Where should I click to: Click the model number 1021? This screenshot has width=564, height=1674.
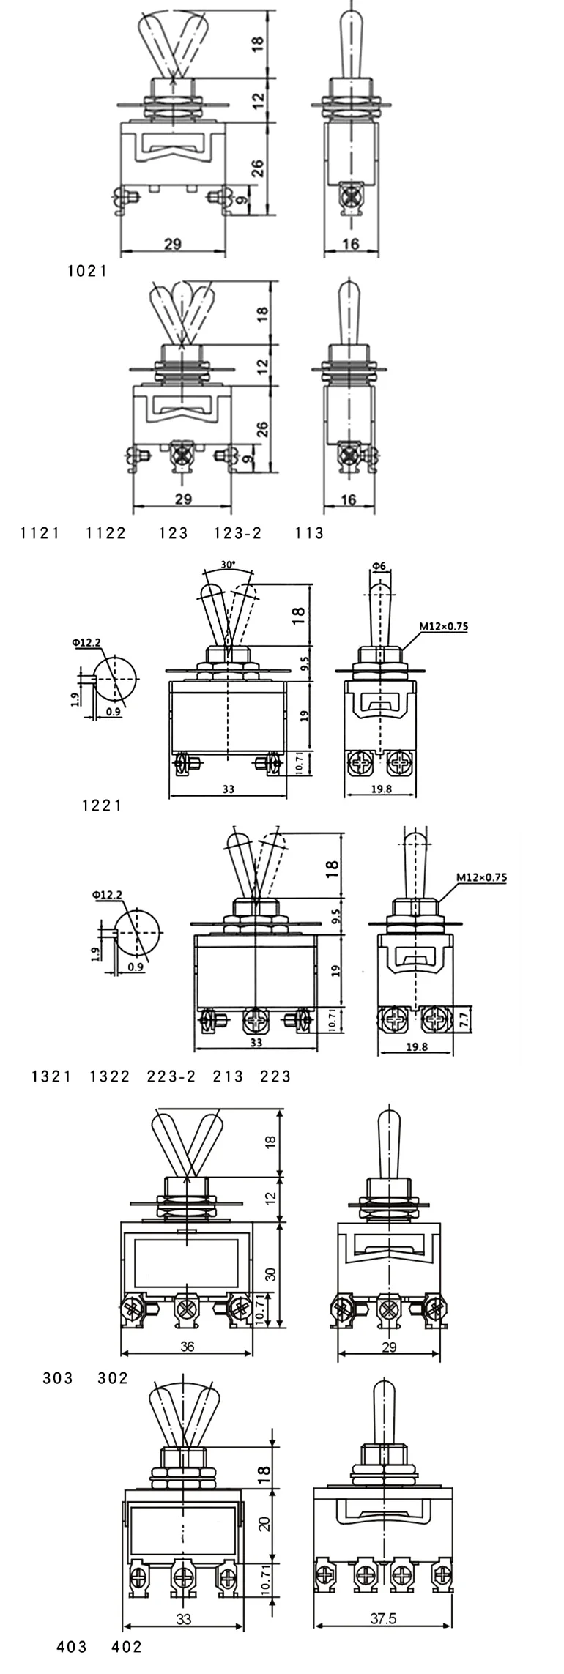[x=87, y=271]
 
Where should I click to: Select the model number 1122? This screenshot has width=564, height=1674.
[x=106, y=533]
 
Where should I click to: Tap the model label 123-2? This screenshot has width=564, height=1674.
[x=237, y=533]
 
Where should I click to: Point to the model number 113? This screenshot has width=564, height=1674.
[x=309, y=533]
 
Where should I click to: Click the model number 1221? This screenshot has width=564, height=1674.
[x=102, y=806]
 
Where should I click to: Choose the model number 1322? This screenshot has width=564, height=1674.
[x=110, y=1076]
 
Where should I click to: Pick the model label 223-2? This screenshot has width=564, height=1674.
[x=171, y=1076]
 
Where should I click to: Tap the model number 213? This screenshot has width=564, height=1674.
[x=228, y=1076]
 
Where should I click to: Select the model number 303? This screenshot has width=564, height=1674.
[x=58, y=1378]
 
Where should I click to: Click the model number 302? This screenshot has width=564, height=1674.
[x=113, y=1378]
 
